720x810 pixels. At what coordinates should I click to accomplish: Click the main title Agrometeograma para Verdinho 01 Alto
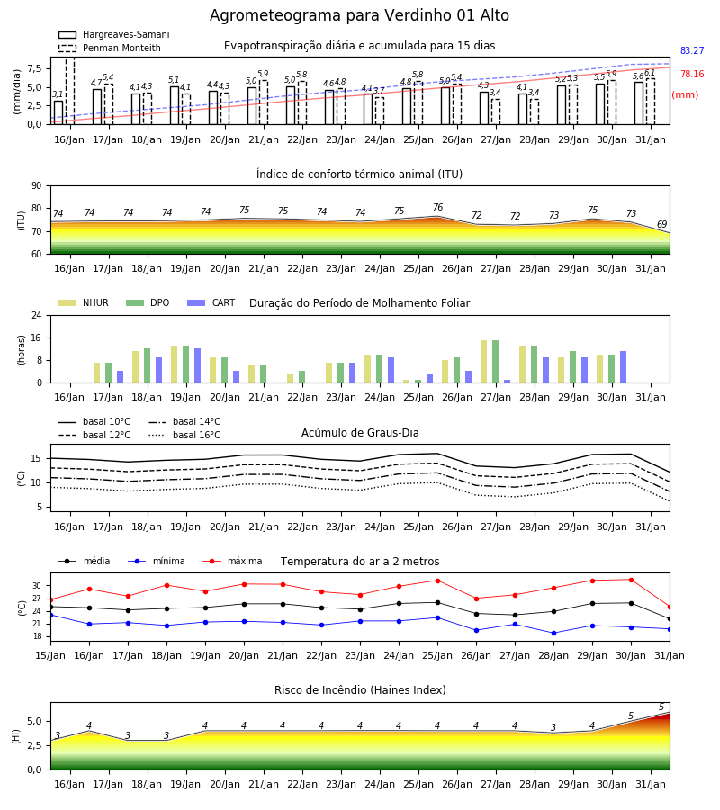coord(359,15)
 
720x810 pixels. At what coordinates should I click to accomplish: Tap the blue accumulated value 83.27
coord(692,50)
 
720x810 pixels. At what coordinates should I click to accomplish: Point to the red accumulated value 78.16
coord(692,74)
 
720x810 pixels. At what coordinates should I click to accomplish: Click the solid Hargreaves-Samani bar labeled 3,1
coord(58,112)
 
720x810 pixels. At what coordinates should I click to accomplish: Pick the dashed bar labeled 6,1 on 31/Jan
coord(651,102)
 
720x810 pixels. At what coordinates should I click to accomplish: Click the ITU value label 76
coord(438,207)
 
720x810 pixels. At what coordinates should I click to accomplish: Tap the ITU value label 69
coord(661,224)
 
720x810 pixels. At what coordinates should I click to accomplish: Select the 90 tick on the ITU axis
coord(37,186)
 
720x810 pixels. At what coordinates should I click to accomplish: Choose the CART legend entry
coord(211,302)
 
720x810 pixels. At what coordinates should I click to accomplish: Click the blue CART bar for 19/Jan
coord(197,365)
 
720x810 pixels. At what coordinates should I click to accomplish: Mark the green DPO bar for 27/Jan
coord(495,362)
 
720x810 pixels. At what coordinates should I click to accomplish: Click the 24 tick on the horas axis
coord(37,315)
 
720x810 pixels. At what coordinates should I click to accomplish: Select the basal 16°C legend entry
coord(184,435)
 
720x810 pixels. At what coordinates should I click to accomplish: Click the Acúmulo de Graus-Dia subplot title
coord(360,432)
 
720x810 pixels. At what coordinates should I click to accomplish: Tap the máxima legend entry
coord(232,561)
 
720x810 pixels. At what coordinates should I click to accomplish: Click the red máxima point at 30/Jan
coord(631,580)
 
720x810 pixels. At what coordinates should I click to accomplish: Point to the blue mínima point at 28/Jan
coord(554,633)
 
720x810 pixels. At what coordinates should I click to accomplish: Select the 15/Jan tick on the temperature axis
coord(50,655)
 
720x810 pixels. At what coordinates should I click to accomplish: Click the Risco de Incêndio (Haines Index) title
coord(360,689)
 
